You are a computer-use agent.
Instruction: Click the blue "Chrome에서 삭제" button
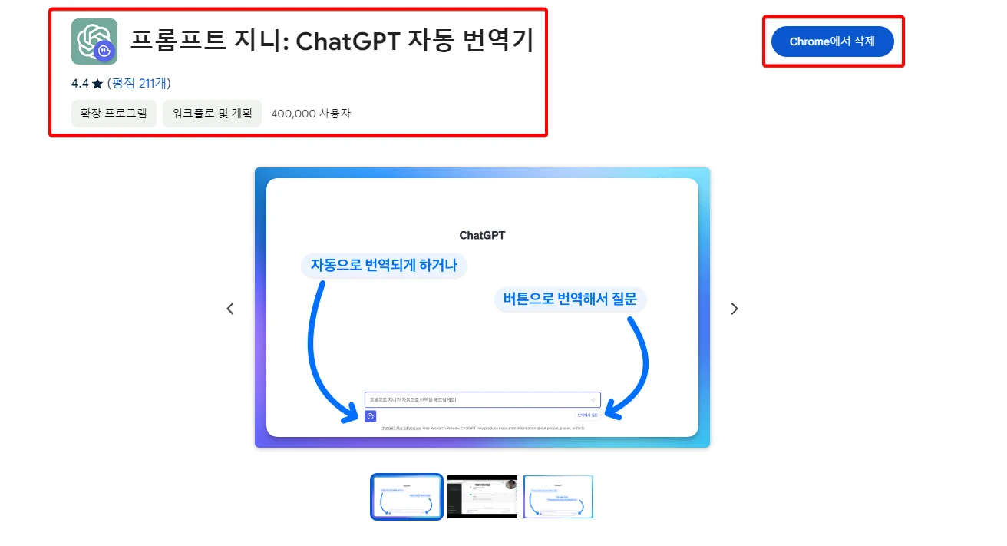[833, 41]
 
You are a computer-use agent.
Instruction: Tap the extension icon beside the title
[94, 41]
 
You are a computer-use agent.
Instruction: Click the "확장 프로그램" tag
[114, 114]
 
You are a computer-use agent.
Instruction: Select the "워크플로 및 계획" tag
[212, 114]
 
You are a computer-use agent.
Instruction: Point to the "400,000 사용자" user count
[311, 114]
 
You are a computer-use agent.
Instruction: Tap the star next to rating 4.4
[97, 83]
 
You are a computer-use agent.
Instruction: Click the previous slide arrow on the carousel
[230, 309]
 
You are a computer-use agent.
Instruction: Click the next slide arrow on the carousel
[735, 309]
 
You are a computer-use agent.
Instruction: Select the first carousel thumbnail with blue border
[407, 497]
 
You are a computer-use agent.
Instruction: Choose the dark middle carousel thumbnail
[482, 497]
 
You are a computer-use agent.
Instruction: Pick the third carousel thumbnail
[558, 497]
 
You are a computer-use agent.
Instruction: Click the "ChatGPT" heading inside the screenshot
[482, 235]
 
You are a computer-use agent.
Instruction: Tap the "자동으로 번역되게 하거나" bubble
[384, 266]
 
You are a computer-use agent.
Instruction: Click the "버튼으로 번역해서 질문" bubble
[570, 299]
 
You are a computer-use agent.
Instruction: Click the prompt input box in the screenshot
[476, 400]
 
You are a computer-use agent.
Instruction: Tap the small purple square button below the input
[371, 416]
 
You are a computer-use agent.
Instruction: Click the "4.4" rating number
[80, 83]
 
